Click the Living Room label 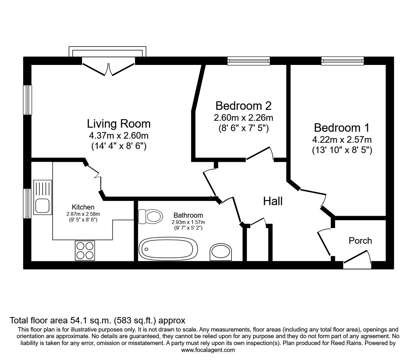[x=119, y=124]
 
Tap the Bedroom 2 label [x=243, y=106]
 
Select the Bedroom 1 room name [x=342, y=128]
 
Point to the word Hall [x=273, y=201]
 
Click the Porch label [x=360, y=241]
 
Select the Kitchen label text [x=83, y=207]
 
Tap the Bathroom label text [x=188, y=215]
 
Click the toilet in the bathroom [x=151, y=216]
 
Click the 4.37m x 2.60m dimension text [x=119, y=136]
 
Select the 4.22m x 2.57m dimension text [x=342, y=140]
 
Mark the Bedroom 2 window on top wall [x=248, y=61]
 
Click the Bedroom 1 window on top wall [x=342, y=61]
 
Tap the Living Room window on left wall [x=28, y=100]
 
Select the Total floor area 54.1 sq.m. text [x=97, y=321]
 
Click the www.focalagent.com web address [x=208, y=350]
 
